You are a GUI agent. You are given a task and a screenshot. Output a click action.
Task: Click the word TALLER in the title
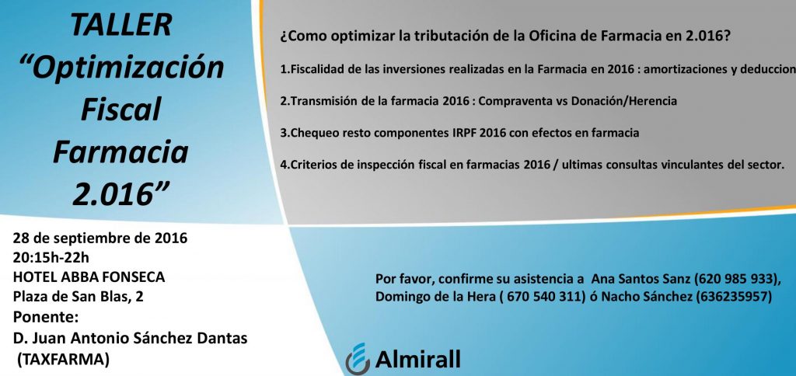tap(120, 25)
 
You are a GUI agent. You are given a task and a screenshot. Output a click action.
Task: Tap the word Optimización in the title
tap(126, 68)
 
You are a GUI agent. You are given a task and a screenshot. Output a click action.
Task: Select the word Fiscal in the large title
tap(120, 109)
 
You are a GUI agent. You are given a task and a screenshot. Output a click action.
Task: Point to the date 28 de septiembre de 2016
tap(100, 238)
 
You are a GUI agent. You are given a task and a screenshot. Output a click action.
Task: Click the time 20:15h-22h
tap(51, 258)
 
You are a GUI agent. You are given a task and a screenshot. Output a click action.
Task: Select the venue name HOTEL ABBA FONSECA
tap(89, 277)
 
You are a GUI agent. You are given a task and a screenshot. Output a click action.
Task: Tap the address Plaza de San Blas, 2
tap(79, 297)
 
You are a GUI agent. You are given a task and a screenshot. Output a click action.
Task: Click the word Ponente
tap(46, 317)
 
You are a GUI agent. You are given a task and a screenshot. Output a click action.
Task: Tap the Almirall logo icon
tap(358, 359)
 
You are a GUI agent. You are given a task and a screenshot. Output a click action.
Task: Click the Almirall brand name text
tap(417, 359)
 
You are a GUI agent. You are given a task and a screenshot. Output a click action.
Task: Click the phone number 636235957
tap(733, 298)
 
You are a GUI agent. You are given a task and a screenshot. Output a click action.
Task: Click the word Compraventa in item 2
tap(515, 101)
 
